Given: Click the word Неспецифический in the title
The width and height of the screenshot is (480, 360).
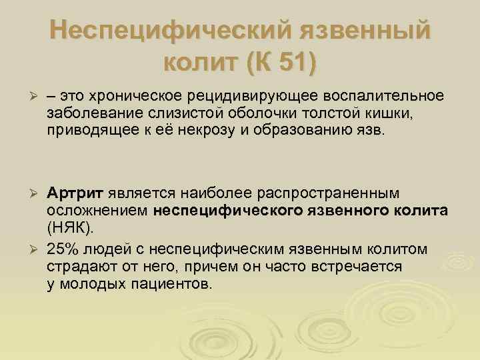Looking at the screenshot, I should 160,32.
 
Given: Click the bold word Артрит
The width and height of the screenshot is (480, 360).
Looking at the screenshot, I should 75,193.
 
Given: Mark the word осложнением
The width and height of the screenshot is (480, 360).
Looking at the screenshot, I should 98,211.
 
